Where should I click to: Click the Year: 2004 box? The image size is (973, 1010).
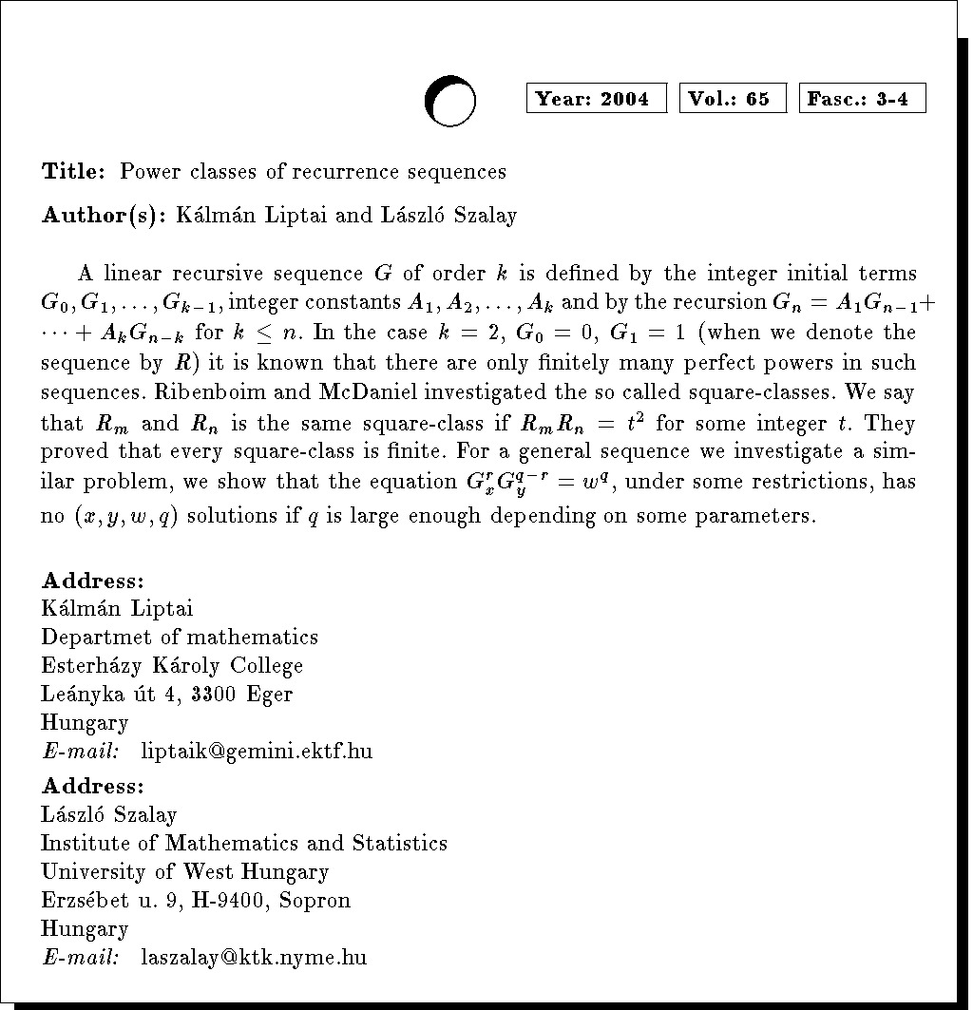point(597,99)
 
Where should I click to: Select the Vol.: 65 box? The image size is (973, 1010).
point(733,99)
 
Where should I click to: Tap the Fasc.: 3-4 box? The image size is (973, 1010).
point(863,99)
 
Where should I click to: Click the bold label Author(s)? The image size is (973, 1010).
point(104,216)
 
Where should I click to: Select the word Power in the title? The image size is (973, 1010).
point(148,172)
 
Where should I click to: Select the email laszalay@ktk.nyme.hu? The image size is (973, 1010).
point(254,958)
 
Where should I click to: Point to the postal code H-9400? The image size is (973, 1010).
point(235,901)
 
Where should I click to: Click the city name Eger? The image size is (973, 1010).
point(270,695)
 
